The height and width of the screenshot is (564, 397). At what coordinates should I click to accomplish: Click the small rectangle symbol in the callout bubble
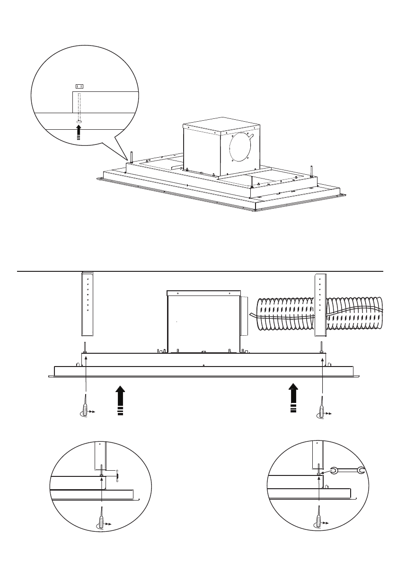coord(79,86)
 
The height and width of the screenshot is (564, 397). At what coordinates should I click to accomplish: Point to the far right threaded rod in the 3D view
coord(311,171)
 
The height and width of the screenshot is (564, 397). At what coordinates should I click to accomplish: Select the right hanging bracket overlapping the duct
coord(320,303)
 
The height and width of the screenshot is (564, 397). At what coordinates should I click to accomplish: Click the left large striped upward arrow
coord(120,400)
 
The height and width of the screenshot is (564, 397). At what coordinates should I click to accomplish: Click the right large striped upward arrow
coord(293,398)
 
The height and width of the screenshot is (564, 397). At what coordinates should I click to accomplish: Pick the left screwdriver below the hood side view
coord(85,407)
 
